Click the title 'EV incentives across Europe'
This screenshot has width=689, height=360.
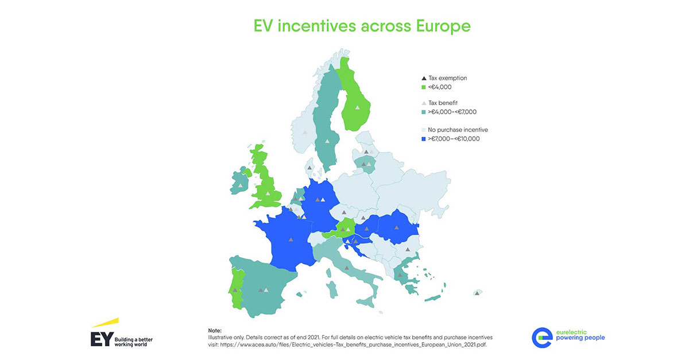point(362,26)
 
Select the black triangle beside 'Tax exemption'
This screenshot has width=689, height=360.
point(424,78)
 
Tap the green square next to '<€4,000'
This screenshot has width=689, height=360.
point(424,87)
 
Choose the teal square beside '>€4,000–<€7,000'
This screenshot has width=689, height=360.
point(424,111)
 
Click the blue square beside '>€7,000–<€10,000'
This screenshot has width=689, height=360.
point(424,138)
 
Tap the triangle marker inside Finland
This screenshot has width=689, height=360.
point(357,107)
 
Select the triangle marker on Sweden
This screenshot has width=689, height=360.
point(327,141)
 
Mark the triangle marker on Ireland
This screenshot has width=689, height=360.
point(240,185)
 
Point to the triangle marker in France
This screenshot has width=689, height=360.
point(290,241)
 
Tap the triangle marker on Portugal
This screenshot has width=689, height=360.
point(235,290)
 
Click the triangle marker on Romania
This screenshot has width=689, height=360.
point(396,228)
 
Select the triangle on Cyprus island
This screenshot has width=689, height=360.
point(477,293)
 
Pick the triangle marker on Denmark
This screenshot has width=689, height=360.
point(309,167)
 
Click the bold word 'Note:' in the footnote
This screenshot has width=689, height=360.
point(214,331)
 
